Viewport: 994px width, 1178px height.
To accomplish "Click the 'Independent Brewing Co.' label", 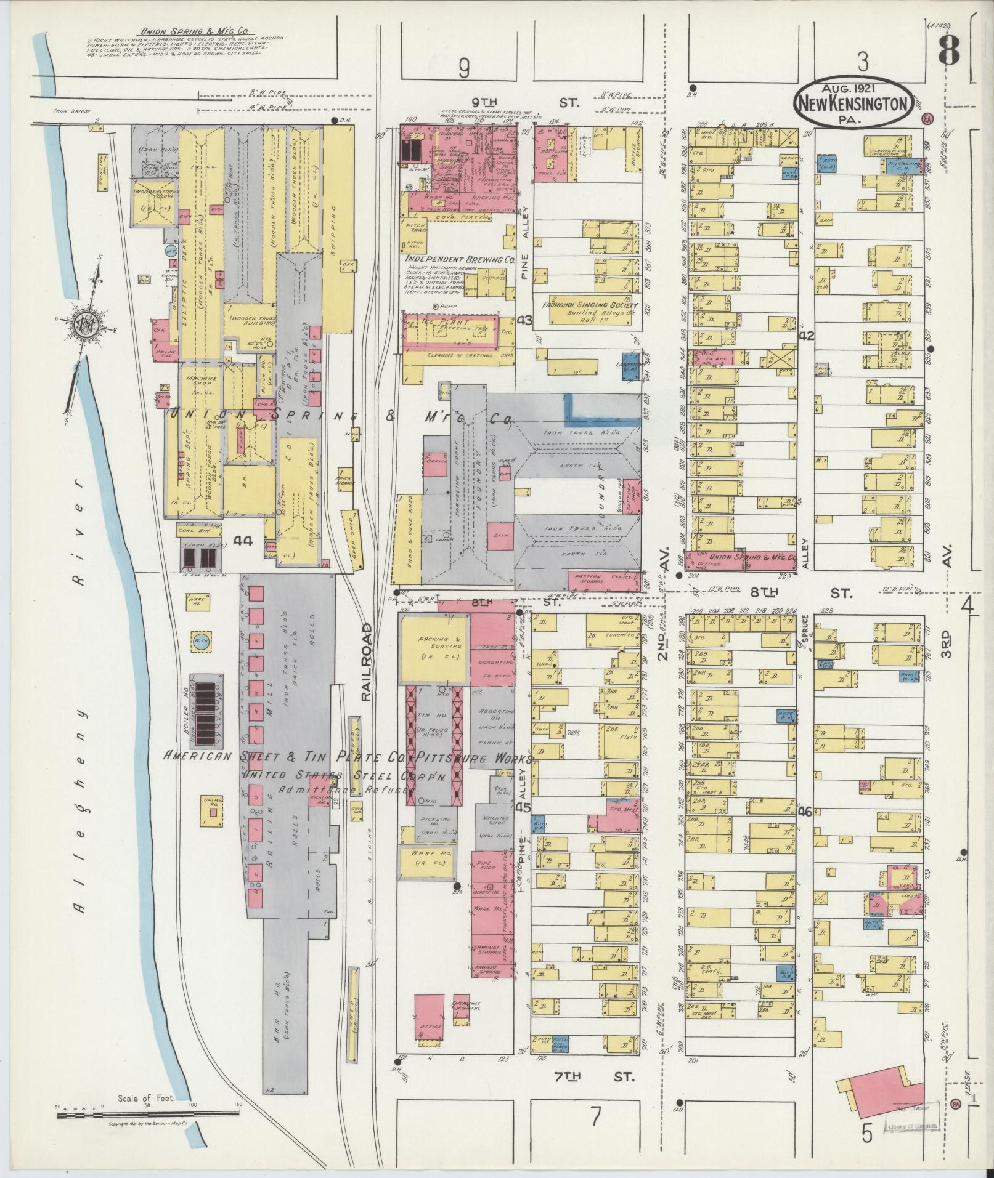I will point(459,260).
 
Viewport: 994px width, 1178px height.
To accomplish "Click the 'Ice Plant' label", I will point(437,322).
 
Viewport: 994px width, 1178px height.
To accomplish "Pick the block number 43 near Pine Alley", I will point(524,321).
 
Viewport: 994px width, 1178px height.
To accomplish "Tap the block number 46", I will point(804,812).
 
